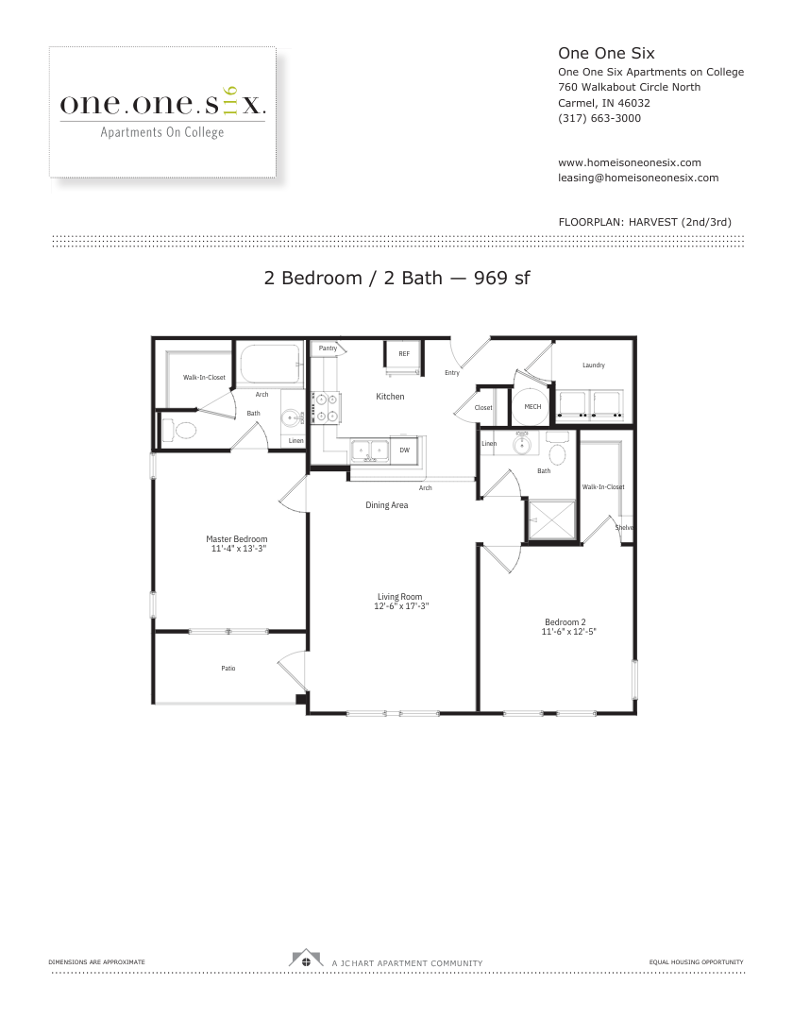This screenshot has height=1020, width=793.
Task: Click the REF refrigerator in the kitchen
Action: click(404, 356)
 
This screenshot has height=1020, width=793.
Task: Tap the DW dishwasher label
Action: click(404, 450)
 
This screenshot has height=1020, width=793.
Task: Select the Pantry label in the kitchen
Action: click(328, 348)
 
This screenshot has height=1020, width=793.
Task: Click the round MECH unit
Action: click(532, 406)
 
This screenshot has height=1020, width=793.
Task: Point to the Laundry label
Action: click(594, 365)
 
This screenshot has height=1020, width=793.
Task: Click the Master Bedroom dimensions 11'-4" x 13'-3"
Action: click(239, 549)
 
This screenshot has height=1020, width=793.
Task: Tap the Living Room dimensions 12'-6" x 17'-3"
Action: click(401, 606)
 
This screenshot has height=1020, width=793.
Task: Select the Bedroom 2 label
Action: click(565, 621)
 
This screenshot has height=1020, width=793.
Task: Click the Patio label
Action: click(228, 668)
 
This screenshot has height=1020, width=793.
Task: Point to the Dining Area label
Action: click(387, 504)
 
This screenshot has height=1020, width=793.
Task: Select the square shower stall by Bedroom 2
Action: click(552, 519)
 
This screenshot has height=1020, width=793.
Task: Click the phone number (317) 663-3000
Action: click(599, 118)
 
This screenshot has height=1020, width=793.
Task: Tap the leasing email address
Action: click(638, 178)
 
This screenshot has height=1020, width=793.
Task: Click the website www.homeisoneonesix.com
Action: click(629, 162)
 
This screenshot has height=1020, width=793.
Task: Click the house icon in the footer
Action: click(306, 959)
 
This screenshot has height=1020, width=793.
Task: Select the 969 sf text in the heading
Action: click(502, 278)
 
